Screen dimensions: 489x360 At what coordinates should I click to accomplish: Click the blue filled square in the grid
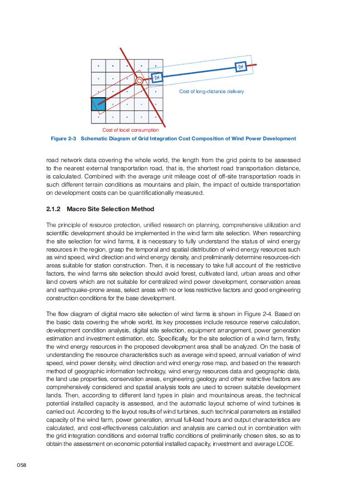point(99,104)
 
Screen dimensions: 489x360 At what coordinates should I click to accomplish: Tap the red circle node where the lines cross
point(139,81)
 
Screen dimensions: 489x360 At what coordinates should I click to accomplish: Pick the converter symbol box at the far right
point(241,67)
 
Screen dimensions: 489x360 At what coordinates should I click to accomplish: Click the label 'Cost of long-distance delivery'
point(211,92)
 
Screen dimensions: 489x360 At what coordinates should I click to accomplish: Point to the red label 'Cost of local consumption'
point(130,130)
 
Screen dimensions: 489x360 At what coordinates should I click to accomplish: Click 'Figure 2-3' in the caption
point(63,138)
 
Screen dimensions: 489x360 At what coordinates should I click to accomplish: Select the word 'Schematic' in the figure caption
point(95,138)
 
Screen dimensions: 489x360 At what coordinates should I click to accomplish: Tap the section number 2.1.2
point(54,209)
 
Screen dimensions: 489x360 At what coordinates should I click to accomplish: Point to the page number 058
point(22,465)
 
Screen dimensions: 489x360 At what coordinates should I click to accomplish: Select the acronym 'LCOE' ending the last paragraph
point(285,444)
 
